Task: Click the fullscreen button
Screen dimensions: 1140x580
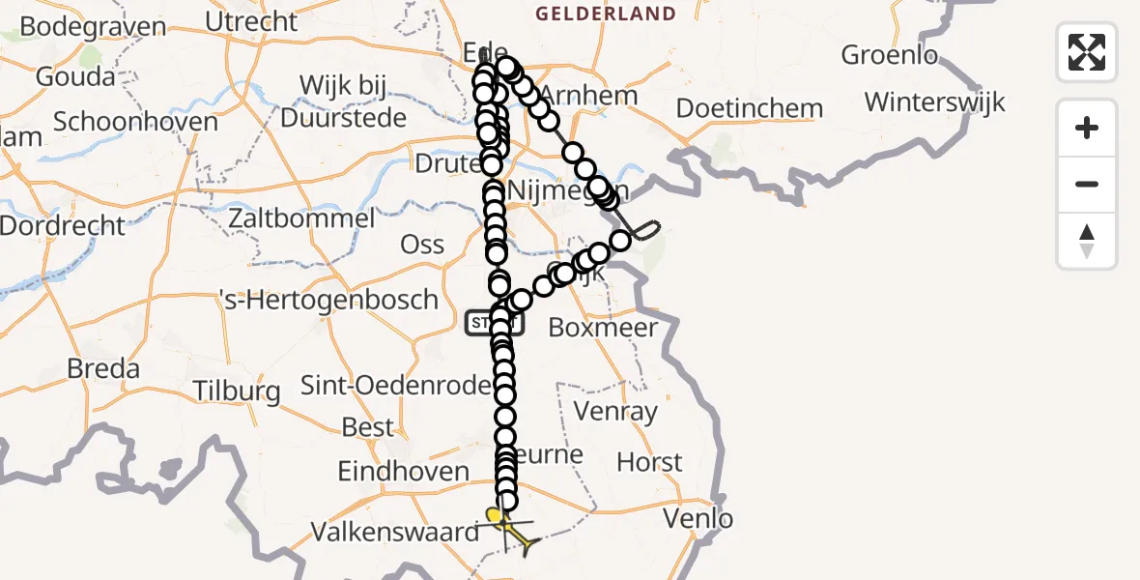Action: coord(1087,52)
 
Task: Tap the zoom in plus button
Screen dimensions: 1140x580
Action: coord(1087,128)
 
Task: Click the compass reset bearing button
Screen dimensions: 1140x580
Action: coord(1087,241)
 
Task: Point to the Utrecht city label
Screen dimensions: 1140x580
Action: coord(252,20)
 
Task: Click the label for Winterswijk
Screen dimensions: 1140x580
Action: coord(934,101)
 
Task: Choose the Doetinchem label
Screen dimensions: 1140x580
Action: coord(749,108)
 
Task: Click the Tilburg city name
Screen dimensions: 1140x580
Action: coord(236,391)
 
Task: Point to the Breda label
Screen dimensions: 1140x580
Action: coord(103,368)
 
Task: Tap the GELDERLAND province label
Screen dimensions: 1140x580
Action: coord(605,14)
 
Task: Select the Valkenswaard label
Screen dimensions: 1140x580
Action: coord(395,532)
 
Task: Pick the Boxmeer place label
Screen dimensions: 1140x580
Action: coord(602,327)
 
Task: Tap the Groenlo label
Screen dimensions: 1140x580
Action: coord(889,55)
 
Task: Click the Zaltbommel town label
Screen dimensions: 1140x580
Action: coord(301,218)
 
